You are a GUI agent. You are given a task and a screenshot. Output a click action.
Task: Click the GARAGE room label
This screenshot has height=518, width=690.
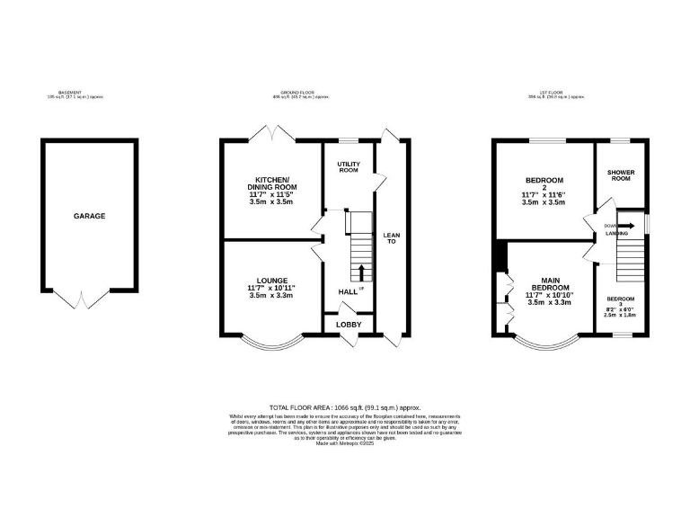(x=89, y=216)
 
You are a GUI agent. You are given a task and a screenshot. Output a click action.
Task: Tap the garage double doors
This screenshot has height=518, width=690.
(x=82, y=298)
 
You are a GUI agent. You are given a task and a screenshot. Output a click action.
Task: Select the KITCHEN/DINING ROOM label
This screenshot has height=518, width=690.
(x=271, y=183)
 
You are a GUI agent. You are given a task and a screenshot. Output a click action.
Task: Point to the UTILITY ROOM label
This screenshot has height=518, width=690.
(x=348, y=167)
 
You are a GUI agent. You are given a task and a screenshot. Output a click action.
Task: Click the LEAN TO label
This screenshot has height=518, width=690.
(x=391, y=238)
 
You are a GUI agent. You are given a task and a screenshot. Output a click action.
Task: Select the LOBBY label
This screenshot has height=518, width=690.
(x=348, y=324)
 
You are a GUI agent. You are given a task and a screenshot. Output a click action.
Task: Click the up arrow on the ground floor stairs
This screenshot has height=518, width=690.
(x=362, y=272)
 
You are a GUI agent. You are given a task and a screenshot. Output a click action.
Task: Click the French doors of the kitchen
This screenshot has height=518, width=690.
(x=271, y=134)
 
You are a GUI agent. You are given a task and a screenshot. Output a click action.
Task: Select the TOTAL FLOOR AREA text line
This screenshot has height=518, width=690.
(x=345, y=407)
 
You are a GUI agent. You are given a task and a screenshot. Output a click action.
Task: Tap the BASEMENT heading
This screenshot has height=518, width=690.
(x=70, y=94)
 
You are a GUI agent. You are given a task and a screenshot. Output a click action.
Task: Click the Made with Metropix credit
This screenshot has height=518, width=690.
(x=345, y=442)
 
